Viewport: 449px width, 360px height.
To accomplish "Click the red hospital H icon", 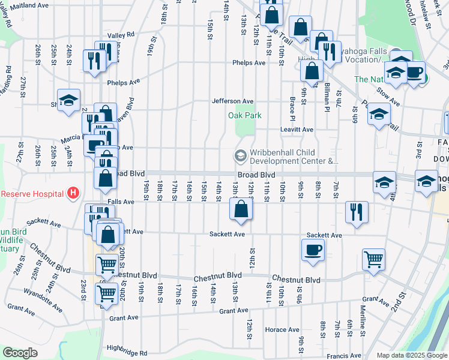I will point(73,193).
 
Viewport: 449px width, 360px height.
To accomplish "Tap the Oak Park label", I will point(245,116).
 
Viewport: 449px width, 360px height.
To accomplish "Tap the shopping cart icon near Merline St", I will point(373,259).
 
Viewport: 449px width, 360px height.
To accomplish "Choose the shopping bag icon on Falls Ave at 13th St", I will point(241,209).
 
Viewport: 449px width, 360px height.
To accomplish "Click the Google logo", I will point(20,353).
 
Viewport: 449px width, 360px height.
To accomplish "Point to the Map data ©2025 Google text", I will point(411,355).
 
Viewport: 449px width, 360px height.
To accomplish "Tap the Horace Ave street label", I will point(282,329).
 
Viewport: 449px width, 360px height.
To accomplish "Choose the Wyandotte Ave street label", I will point(43,300).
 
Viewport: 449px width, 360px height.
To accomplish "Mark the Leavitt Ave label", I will point(297,129).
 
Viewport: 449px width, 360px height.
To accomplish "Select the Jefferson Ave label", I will point(232,101).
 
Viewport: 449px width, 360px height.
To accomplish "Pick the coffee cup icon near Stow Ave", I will point(414,73).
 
